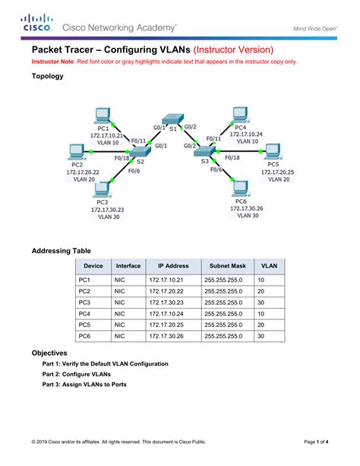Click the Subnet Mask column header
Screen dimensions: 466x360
[x=228, y=266]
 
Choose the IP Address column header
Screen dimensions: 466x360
[x=173, y=266]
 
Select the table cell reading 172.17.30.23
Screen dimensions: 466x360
[x=169, y=302]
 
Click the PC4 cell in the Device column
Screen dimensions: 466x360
[x=85, y=312]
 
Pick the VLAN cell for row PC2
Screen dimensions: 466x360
[x=261, y=291]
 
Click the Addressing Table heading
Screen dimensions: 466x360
[x=61, y=249]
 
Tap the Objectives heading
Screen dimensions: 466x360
[x=49, y=353]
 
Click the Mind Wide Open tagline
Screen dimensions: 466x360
[x=317, y=29]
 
